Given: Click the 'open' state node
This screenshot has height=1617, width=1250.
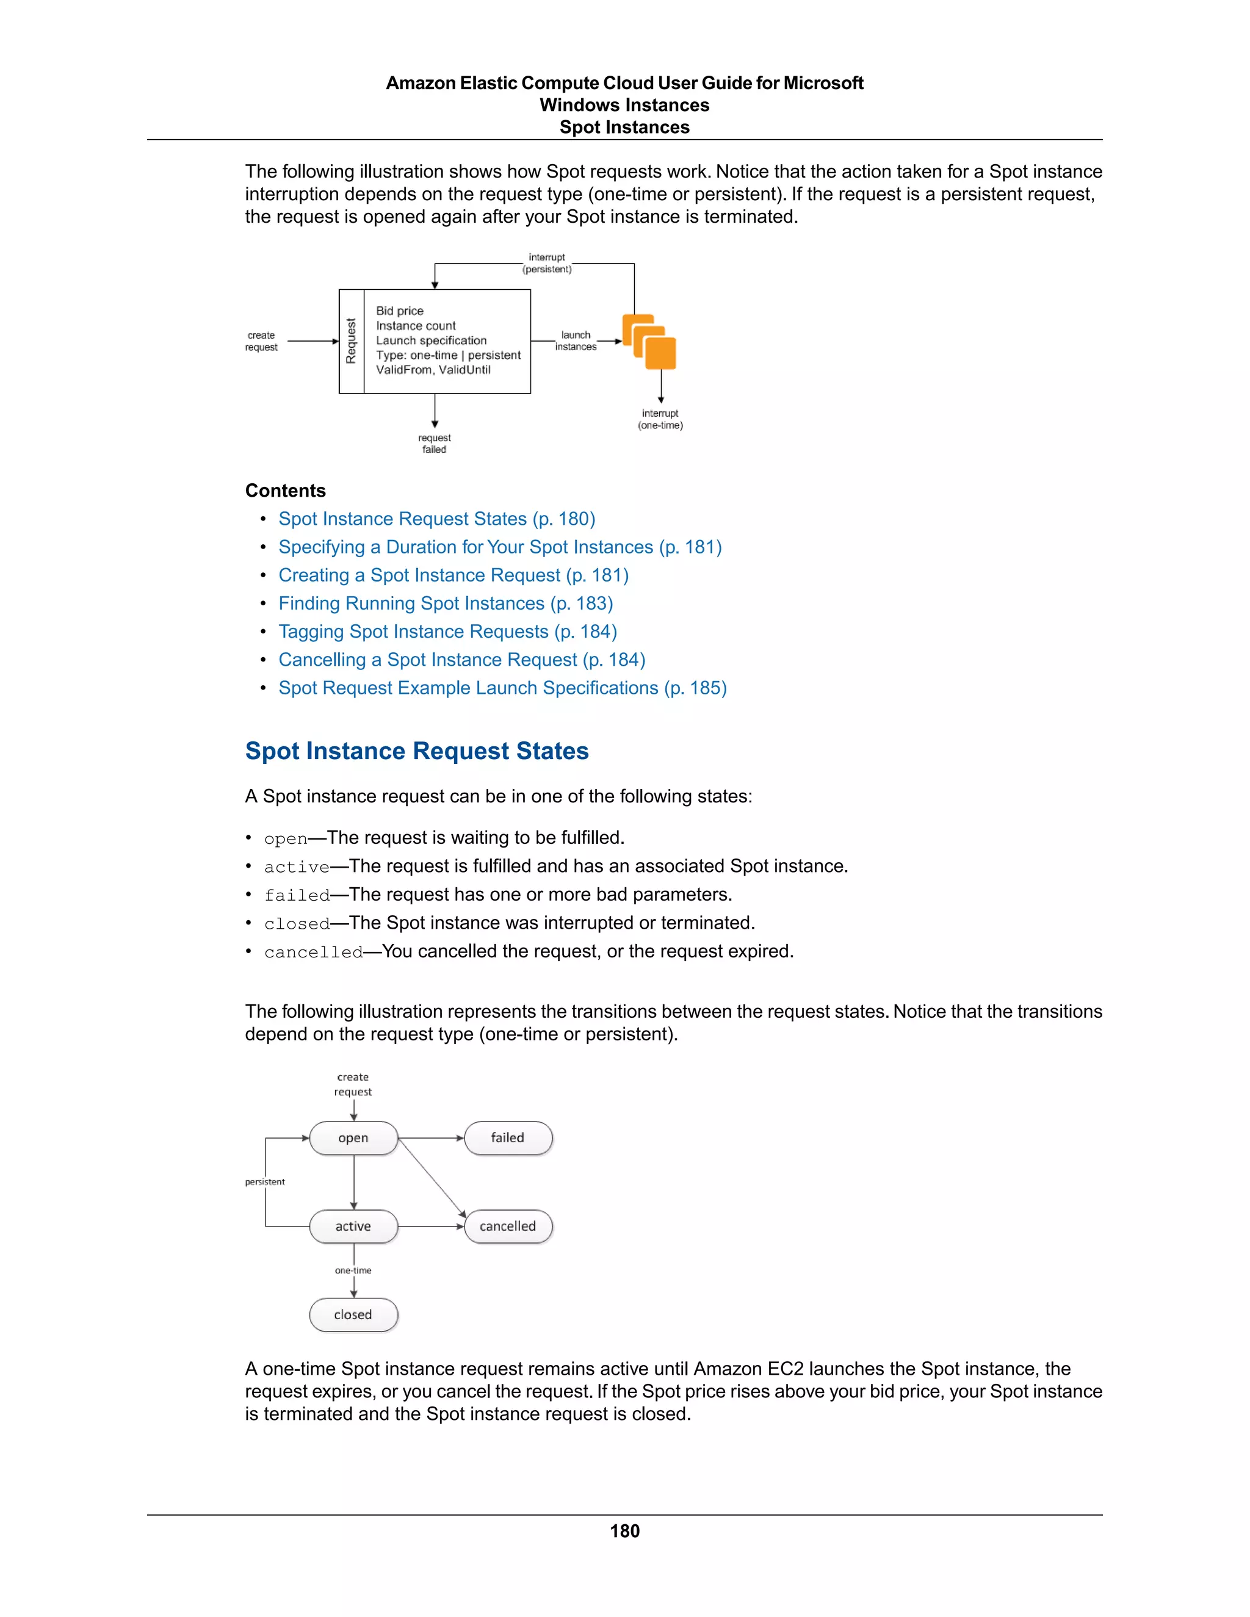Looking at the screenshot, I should [x=353, y=1138].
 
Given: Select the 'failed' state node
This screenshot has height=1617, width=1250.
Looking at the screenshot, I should [x=508, y=1138].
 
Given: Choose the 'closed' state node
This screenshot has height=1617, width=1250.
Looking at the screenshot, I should [x=353, y=1315].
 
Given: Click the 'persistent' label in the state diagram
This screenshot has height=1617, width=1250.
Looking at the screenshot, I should [x=264, y=1182].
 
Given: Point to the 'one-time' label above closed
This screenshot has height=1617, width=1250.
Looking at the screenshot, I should [x=353, y=1270].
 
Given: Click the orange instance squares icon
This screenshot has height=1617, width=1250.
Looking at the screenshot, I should [x=649, y=342].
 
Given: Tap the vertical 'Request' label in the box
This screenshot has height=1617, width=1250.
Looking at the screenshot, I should [x=351, y=341].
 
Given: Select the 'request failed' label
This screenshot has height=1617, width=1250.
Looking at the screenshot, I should [x=434, y=444].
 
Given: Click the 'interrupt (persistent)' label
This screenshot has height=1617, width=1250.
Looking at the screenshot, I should [x=547, y=263].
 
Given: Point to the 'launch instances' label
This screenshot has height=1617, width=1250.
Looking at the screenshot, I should [x=576, y=340].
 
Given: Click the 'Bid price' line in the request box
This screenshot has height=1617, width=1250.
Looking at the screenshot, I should [x=400, y=311].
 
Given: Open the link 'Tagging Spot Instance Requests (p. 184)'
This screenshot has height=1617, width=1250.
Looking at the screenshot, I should [x=447, y=632].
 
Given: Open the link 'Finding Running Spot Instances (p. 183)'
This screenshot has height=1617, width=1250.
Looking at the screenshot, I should [x=445, y=603].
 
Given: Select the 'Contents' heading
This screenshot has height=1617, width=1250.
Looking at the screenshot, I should [x=285, y=491].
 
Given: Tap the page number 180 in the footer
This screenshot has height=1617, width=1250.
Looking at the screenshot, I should [x=624, y=1531].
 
